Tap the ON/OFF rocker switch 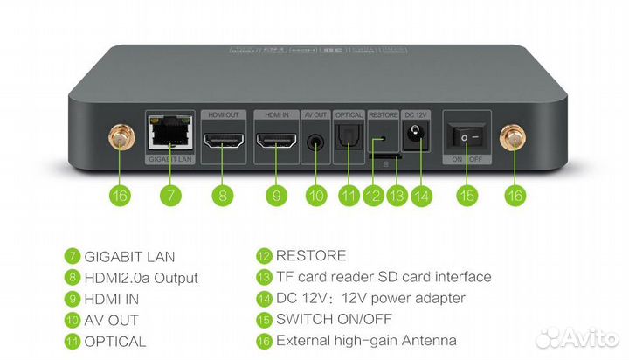point(465,137)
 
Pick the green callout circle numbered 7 point(169,195)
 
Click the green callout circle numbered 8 point(223,195)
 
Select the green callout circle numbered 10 point(314,195)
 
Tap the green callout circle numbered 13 point(397,195)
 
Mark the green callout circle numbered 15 point(467,195)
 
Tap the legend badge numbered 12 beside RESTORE point(264,256)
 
